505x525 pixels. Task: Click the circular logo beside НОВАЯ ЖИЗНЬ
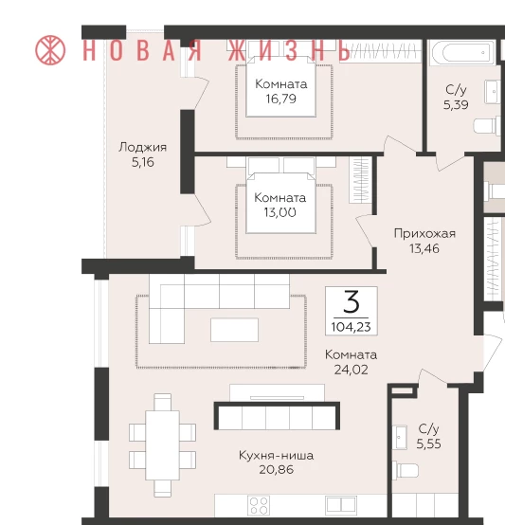pyautogui.click(x=50, y=50)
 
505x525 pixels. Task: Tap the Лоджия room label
pyautogui.click(x=142, y=147)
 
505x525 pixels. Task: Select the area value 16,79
pyautogui.click(x=280, y=99)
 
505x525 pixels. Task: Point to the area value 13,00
pyautogui.click(x=280, y=212)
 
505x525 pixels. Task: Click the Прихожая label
pyautogui.click(x=424, y=233)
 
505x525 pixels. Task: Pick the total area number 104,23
pyautogui.click(x=352, y=327)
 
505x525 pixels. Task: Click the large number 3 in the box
pyautogui.click(x=352, y=301)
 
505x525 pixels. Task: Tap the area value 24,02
pyautogui.click(x=352, y=370)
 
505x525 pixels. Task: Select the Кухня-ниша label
pyautogui.click(x=276, y=456)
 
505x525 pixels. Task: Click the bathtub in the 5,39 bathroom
pyautogui.click(x=461, y=52)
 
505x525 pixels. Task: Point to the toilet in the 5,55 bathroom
pyautogui.click(x=406, y=470)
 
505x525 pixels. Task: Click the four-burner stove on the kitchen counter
pyautogui.click(x=259, y=506)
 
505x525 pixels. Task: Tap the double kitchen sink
pyautogui.click(x=341, y=505)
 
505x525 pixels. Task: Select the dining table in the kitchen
pyautogui.click(x=162, y=445)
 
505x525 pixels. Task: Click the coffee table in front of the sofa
pyautogui.click(x=234, y=330)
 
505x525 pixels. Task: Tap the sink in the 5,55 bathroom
pyautogui.click(x=400, y=437)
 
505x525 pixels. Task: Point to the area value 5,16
pyautogui.click(x=142, y=162)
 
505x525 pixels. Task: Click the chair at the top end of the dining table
pyautogui.click(x=163, y=402)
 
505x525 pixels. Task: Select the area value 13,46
pyautogui.click(x=424, y=249)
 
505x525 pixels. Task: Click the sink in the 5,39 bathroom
pyautogui.click(x=493, y=91)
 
